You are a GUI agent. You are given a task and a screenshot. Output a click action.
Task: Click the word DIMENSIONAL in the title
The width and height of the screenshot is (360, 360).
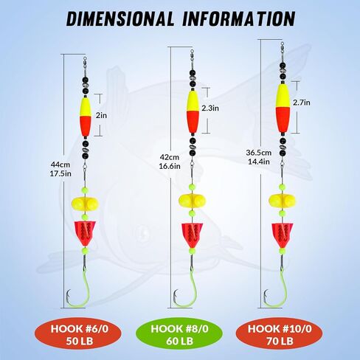[120, 19]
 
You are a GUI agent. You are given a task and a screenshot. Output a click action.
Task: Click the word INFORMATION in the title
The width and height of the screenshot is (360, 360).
[239, 19]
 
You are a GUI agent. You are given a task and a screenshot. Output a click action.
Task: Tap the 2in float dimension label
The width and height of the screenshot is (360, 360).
[101, 115]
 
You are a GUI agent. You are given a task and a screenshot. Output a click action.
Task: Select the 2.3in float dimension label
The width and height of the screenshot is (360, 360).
[210, 108]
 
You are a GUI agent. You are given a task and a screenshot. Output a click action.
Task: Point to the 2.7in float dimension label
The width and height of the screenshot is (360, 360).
[302, 103]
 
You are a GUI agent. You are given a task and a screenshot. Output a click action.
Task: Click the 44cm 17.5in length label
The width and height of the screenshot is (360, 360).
[60, 169]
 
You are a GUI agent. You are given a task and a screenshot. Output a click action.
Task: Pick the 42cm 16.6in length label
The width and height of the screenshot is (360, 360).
[170, 162]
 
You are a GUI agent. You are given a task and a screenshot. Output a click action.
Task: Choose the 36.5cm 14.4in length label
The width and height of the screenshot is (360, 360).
[259, 157]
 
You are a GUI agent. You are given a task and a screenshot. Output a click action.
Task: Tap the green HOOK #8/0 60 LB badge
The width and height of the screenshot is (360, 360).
[179, 335]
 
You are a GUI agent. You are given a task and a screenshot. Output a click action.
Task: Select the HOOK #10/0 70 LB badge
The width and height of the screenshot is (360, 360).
[280, 335]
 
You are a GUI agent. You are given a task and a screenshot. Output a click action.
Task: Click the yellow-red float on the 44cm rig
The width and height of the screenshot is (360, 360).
[86, 117]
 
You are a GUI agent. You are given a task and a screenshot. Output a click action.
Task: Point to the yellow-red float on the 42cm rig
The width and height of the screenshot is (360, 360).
[193, 112]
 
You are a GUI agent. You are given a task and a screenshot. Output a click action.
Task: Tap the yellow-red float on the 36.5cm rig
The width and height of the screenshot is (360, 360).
[283, 108]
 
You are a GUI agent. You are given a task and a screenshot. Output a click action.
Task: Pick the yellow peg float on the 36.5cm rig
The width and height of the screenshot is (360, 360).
[283, 201]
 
